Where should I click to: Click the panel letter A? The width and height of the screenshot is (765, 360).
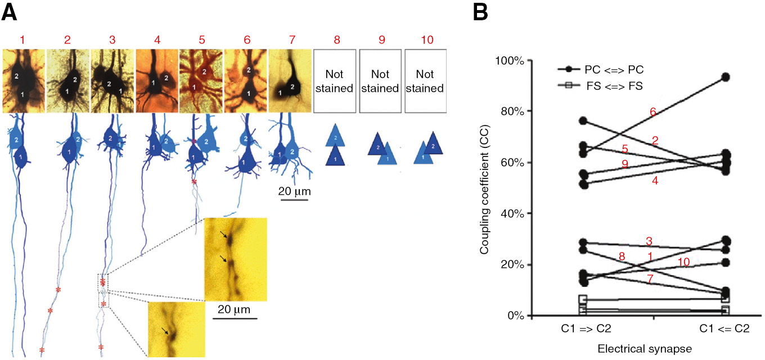10,12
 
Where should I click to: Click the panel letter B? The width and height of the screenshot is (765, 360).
479,12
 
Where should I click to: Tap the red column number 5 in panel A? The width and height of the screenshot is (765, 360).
201,40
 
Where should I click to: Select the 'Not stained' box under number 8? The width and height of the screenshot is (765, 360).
335,81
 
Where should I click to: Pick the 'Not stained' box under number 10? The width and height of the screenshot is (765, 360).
425,81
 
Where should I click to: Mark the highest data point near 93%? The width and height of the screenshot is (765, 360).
726,77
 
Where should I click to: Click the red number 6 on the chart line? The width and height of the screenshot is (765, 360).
653,112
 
